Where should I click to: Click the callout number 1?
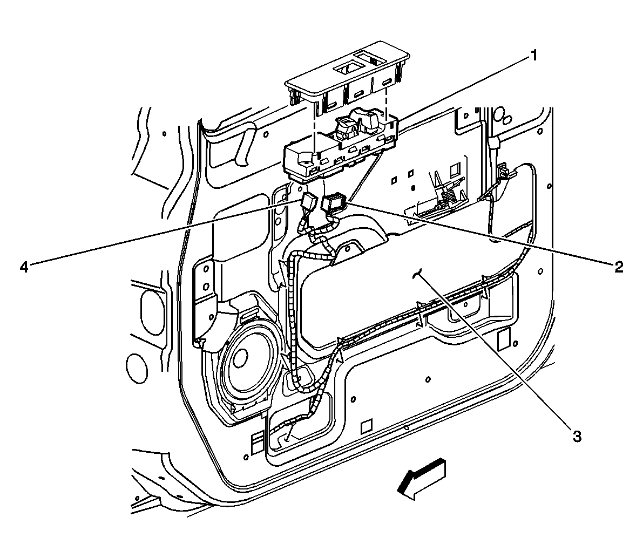point(533,55)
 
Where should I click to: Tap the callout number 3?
point(577,437)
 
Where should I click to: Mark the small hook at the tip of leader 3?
point(416,275)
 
